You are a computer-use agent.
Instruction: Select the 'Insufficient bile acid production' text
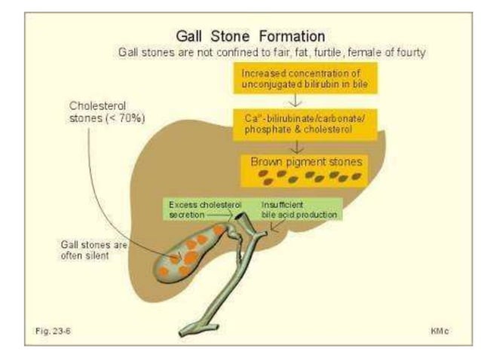(300, 209)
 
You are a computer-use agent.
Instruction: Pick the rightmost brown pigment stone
(356, 177)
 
